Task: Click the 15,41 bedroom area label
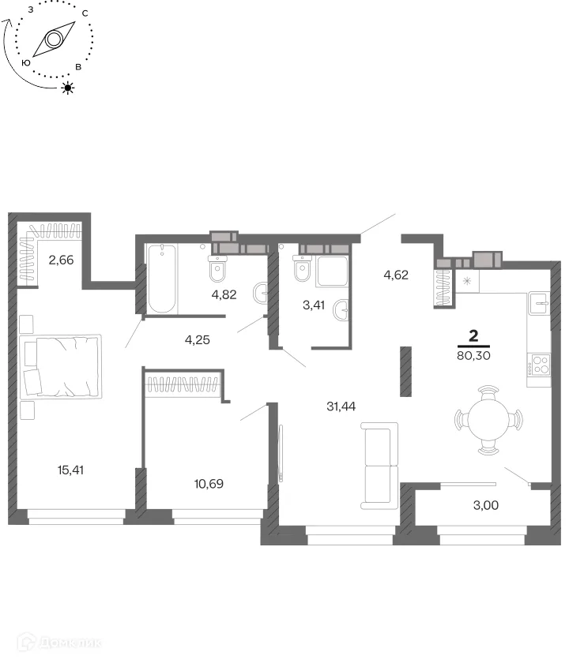click(x=70, y=470)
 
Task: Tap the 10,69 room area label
click(x=209, y=483)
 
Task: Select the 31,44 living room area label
click(x=341, y=406)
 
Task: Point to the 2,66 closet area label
click(x=61, y=260)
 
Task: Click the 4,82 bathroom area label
click(x=224, y=294)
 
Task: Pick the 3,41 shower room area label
click(x=314, y=305)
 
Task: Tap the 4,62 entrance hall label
click(x=396, y=275)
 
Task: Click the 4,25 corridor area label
click(x=198, y=339)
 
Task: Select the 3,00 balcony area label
click(x=485, y=505)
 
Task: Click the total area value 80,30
click(x=473, y=356)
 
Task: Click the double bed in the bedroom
click(x=60, y=366)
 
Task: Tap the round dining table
click(x=488, y=420)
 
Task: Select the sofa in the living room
click(x=379, y=465)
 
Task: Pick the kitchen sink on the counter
click(x=539, y=303)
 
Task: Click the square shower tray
click(x=333, y=271)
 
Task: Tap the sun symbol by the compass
click(x=68, y=88)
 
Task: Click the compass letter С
click(x=85, y=13)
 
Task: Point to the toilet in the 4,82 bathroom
click(x=217, y=268)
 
